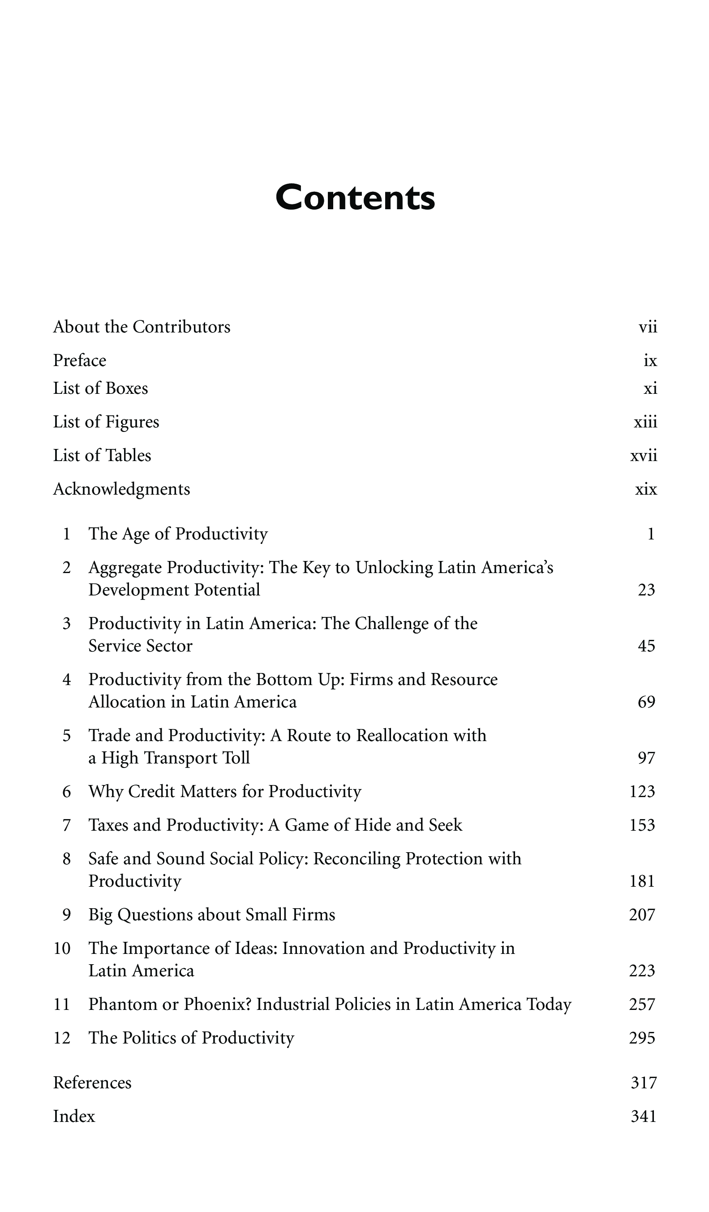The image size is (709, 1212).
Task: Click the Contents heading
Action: [x=355, y=198]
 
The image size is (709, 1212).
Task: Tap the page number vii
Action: [x=648, y=327]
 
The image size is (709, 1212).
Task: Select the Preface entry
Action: [x=79, y=361]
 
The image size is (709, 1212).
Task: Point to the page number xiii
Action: [x=645, y=422]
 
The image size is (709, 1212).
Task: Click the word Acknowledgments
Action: [x=122, y=489]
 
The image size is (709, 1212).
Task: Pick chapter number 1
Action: [x=67, y=534]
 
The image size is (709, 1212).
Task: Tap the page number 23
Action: [x=646, y=590]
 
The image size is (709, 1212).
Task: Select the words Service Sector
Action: [x=140, y=646]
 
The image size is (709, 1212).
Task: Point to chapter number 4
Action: [x=67, y=680]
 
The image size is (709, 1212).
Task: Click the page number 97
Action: [x=646, y=758]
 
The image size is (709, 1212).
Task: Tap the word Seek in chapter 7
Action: [x=445, y=825]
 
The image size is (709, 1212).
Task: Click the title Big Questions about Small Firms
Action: [x=211, y=915]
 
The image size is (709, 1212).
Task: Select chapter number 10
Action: [x=62, y=949]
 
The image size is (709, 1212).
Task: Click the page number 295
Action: [x=642, y=1038]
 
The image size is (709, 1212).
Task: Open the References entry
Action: [x=92, y=1083]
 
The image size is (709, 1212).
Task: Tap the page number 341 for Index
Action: [x=644, y=1116]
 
